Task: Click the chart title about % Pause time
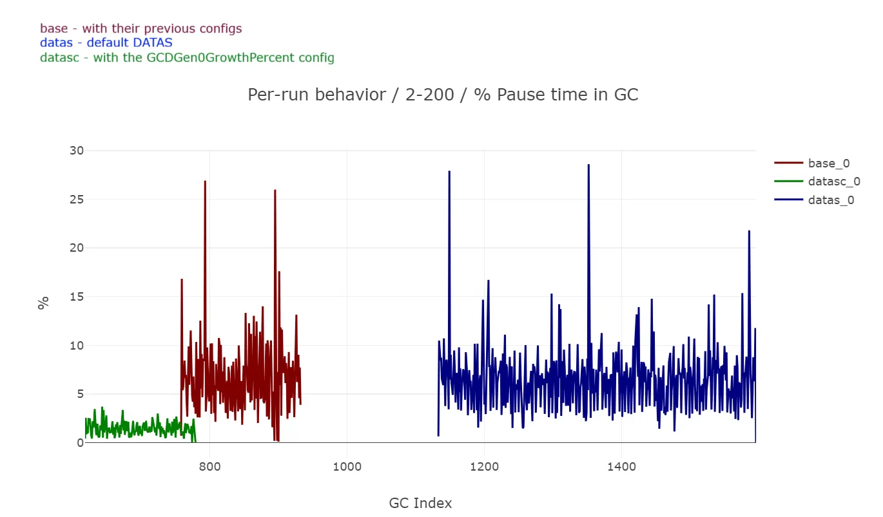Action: [443, 95]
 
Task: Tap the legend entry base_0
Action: [828, 164]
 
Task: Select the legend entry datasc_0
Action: [834, 182]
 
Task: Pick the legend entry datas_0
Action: [831, 200]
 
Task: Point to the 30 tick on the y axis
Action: [77, 151]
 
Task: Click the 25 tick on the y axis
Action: [77, 200]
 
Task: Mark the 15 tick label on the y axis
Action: [77, 297]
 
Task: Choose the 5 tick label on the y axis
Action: [80, 394]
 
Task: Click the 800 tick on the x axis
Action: [210, 465]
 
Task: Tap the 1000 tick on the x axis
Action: [347, 465]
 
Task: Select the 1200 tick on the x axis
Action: [484, 465]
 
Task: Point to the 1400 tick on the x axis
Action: [621, 465]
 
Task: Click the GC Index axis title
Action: [420, 503]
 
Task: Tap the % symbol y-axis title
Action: [43, 303]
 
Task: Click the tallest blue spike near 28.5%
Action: [588, 165]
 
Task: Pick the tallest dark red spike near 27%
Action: [205, 182]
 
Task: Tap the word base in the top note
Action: [53, 28]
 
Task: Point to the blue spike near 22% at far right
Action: [749, 232]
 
